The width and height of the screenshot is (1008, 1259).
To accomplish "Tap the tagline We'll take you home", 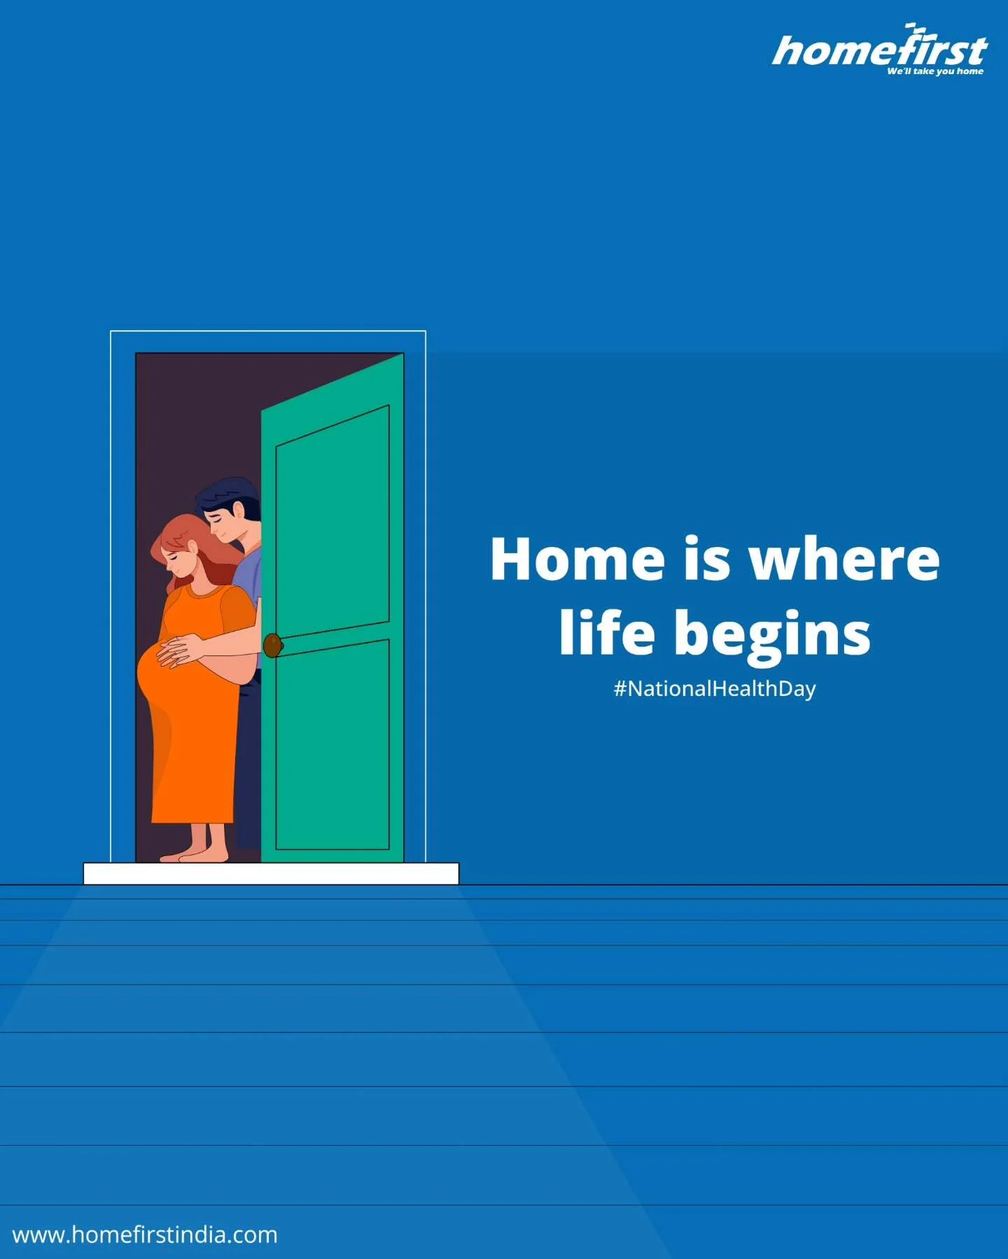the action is [x=935, y=71].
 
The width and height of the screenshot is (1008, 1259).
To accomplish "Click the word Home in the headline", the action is [x=577, y=559].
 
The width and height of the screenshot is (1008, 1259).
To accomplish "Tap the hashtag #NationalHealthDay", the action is [x=715, y=688].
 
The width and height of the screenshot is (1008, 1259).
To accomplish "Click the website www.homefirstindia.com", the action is [x=145, y=1235].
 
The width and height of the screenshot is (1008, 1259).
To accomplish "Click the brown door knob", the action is [x=272, y=644].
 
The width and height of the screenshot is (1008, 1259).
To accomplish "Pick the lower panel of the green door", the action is [x=332, y=744].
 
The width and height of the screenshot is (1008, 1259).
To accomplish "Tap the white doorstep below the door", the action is [x=271, y=874].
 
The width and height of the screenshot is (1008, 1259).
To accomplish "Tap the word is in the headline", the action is [x=706, y=559].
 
